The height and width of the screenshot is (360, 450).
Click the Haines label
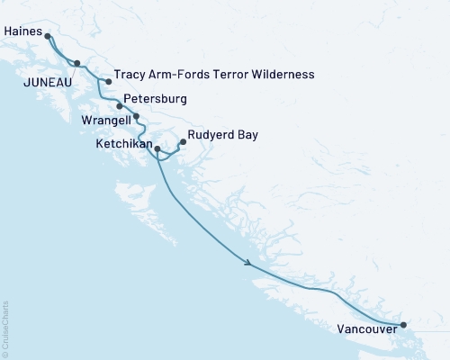coord(22,30)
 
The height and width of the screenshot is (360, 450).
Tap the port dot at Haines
coord(48,37)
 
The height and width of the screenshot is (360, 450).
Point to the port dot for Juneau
coord(77,63)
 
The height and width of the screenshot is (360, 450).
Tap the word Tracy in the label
coord(130,74)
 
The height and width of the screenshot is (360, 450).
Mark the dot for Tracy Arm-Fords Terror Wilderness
coord(109,82)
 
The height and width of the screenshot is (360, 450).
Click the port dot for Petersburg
coord(119,105)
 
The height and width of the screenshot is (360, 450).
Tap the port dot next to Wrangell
coord(136,116)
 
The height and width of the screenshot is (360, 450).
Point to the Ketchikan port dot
coord(157,148)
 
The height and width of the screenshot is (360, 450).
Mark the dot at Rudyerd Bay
coord(184,141)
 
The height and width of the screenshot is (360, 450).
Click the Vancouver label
coord(367,328)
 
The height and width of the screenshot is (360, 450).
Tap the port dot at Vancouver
coord(403,325)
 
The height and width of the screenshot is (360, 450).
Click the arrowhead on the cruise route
coord(246,262)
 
